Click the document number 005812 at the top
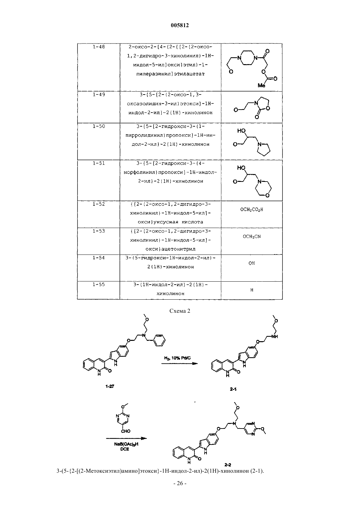pyautogui.click(x=180, y=25)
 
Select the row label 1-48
pyautogui.click(x=99, y=47)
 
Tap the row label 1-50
pyautogui.click(x=99, y=126)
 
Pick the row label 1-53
pyautogui.click(x=99, y=231)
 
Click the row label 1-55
pyautogui.click(x=99, y=285)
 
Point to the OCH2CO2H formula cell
pyautogui.click(x=252, y=209)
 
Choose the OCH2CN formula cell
pyautogui.click(x=252, y=237)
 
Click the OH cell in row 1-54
pyautogui.click(x=252, y=263)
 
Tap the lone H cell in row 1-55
pyautogui.click(x=252, y=290)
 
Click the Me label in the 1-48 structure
pyautogui.click(x=261, y=85)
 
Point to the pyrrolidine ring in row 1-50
pyautogui.click(x=264, y=149)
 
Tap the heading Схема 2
pyautogui.click(x=180, y=311)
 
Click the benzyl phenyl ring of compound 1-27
pyautogui.click(x=160, y=340)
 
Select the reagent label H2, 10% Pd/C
pyautogui.click(x=177, y=358)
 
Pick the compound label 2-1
pyautogui.click(x=233, y=389)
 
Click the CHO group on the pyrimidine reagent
pyautogui.click(x=125, y=431)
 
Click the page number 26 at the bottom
pyautogui.click(x=180, y=489)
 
